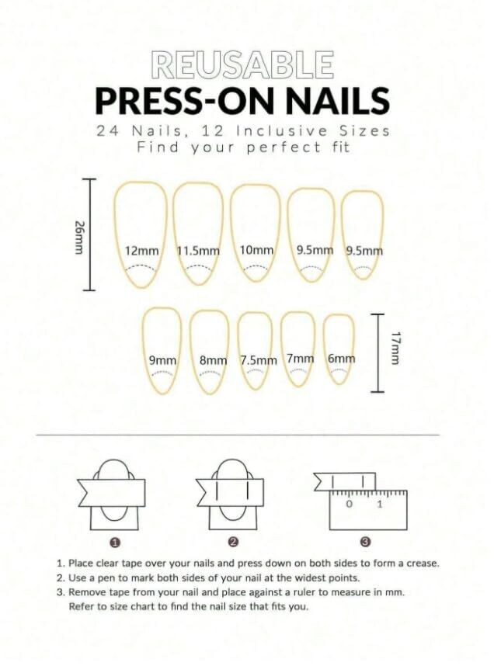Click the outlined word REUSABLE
242,65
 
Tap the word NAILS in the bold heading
338,101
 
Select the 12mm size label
142,251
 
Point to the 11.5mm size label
198,251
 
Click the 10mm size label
256,250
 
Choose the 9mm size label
162,361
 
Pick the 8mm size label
214,361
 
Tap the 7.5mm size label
259,361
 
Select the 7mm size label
300,359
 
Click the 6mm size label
341,359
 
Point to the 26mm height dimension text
79,237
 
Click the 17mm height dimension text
395,348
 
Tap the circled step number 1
114,542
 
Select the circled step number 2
232,542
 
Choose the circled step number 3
365,542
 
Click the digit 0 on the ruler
350,505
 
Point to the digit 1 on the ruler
380,505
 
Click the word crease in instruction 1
423,564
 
